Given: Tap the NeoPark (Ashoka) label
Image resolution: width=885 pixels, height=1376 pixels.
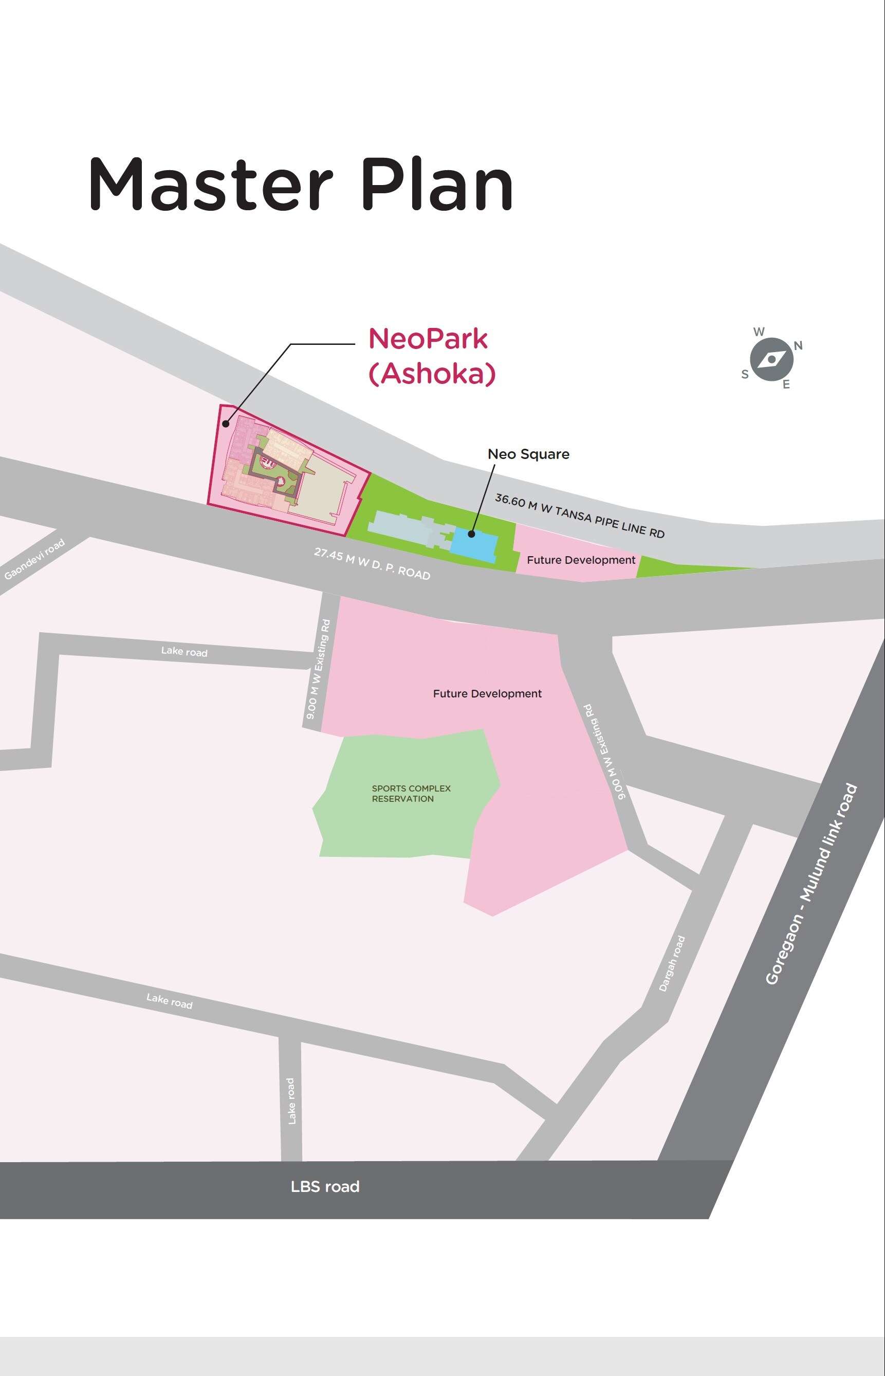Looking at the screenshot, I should coord(431,356).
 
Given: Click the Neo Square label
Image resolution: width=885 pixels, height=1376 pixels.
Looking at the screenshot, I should coord(528,454).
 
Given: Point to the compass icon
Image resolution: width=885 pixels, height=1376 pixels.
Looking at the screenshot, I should coord(772,360).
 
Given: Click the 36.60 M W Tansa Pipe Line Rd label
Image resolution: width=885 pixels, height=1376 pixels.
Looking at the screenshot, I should coord(579,516).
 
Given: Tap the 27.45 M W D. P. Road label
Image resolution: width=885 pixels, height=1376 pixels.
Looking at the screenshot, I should coord(372,564).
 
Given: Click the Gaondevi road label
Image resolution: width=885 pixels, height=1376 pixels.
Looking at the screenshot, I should coord(34,559).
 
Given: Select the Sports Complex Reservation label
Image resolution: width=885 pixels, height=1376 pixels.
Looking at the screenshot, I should coord(411,793).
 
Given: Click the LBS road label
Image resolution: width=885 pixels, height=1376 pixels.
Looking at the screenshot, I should coord(325,1186).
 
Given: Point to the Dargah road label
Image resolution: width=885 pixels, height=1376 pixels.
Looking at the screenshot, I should coord(672,964).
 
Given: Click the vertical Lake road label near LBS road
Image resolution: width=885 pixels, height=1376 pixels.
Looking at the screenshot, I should coord(291,1100).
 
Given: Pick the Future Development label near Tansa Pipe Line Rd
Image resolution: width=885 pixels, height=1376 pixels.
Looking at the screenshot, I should coord(580,560).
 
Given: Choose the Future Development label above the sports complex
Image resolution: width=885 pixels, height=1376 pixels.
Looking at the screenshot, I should coord(487,694).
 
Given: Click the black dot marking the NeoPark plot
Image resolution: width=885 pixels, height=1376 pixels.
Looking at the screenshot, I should coord(226,425).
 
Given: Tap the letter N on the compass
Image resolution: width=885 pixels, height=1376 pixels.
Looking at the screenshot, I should coord(798,345).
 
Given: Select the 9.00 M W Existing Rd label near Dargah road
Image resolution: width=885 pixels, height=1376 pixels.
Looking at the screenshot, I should coord(604,751).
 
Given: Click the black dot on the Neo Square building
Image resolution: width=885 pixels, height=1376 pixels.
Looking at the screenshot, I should coord(471,534).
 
